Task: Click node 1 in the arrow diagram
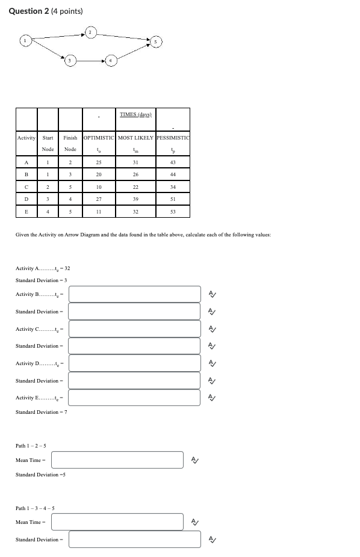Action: pyautogui.click(x=25, y=40)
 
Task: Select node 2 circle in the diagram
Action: pyautogui.click(x=90, y=31)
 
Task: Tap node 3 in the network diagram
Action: pyautogui.click(x=70, y=61)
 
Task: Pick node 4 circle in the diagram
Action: pyautogui.click(x=110, y=61)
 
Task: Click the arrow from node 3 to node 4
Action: pyautogui.click(x=90, y=61)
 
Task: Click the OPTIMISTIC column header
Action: pyautogui.click(x=99, y=138)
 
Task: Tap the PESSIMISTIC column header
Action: pyautogui.click(x=172, y=138)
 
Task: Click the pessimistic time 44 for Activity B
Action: pyautogui.click(x=172, y=174)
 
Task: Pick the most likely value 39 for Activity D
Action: pyautogui.click(x=135, y=198)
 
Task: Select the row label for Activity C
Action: pyautogui.click(x=26, y=186)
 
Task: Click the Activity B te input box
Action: pyautogui.click(x=134, y=294)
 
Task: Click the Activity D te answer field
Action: pyautogui.click(x=134, y=363)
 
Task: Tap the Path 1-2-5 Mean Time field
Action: pyautogui.click(x=117, y=460)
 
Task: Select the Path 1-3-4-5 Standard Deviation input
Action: pyautogui.click(x=134, y=540)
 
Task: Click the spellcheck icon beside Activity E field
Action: pyautogui.click(x=211, y=398)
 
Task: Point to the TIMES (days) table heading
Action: pyautogui.click(x=135, y=114)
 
